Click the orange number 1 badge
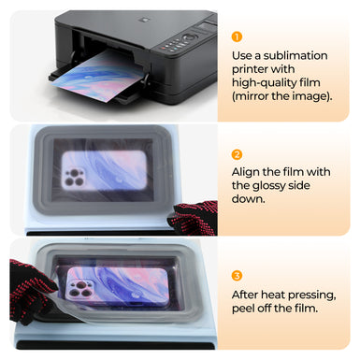point(238,37)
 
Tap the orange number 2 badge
point(238,154)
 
